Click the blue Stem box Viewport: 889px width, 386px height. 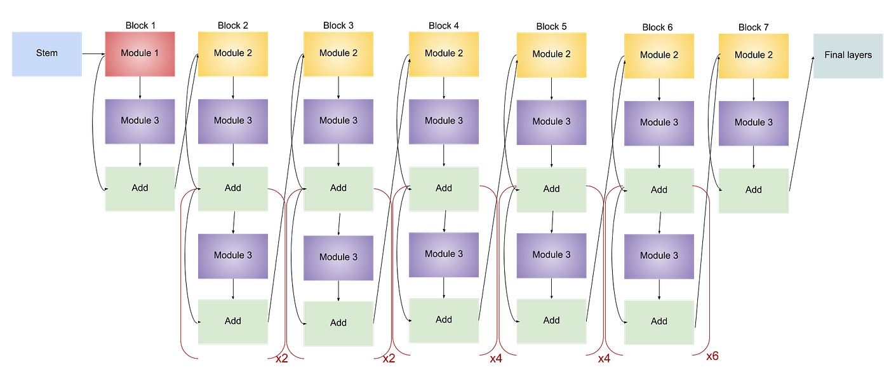coord(46,53)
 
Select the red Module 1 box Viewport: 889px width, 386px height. coord(140,53)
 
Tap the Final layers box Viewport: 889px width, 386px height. coord(848,55)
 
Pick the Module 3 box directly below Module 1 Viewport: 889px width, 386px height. coord(140,121)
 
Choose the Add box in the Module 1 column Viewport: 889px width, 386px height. coord(140,188)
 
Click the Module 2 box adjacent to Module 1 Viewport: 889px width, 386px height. coord(232,53)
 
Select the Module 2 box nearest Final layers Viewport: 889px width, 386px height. coord(753,55)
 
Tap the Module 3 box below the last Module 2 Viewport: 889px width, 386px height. coord(753,123)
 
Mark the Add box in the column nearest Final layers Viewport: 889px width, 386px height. coord(753,190)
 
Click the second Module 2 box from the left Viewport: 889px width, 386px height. coord(338,53)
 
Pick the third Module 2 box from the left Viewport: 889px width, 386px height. coord(443,54)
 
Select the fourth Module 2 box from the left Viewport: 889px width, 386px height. coord(551,55)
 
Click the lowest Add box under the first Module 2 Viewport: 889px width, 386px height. coord(232,321)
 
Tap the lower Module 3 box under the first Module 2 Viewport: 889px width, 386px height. coord(232,256)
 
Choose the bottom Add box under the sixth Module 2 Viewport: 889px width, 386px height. coord(658,322)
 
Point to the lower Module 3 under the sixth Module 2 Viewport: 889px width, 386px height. coord(658,256)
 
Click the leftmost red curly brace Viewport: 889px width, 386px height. coord(185,273)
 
